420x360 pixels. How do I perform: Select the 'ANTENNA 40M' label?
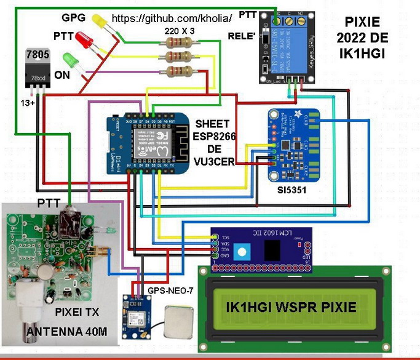pyautogui.click(x=66, y=332)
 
